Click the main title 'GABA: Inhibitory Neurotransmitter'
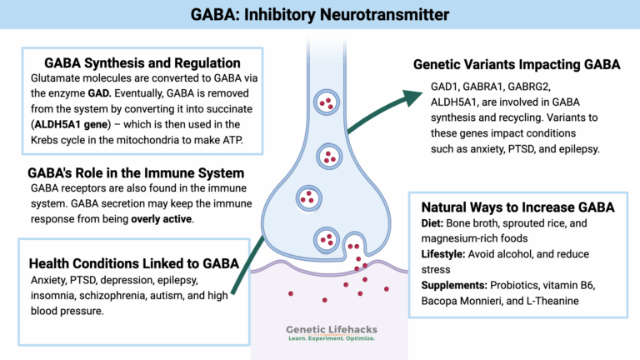(x=320, y=14)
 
